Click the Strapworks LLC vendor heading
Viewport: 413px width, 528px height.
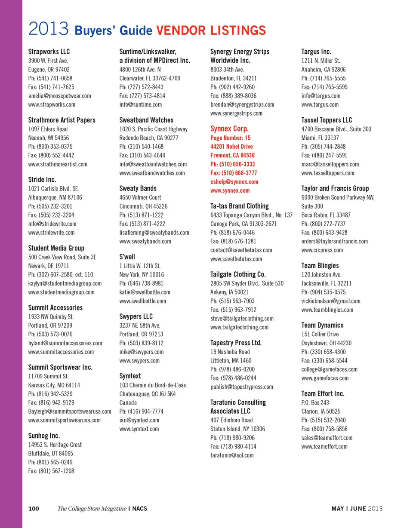click(49, 52)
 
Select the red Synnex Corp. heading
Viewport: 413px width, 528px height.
click(229, 129)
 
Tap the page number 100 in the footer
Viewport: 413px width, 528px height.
click(34, 509)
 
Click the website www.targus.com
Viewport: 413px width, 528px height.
click(320, 104)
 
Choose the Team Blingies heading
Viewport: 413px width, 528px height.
click(320, 265)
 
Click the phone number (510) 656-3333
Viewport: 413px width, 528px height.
click(232, 164)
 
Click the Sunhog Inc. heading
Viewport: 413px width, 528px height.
click(44, 436)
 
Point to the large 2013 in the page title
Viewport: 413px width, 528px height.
click(49, 29)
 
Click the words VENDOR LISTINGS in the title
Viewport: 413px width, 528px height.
click(210, 31)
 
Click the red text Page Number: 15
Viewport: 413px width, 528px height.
click(230, 138)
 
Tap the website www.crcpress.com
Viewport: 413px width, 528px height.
click(322, 250)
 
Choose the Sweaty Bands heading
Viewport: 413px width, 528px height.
click(138, 188)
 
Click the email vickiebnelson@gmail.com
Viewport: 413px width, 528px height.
click(331, 301)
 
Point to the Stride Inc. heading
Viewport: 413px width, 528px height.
click(42, 179)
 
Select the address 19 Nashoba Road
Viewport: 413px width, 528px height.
click(230, 352)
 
